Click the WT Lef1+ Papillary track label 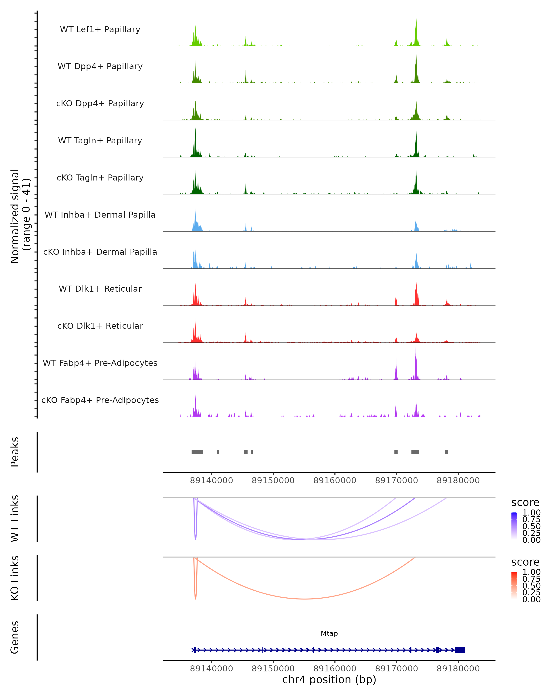[100, 29]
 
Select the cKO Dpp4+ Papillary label [100, 104]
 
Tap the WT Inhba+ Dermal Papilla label [100, 215]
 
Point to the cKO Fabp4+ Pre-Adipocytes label [100, 400]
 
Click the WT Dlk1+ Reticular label [100, 289]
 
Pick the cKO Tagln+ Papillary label [100, 178]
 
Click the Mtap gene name [329, 633]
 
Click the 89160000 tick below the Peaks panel [335, 480]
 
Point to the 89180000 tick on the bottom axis [458, 669]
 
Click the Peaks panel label [15, 452]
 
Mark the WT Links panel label [15, 519]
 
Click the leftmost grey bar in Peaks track [197, 452]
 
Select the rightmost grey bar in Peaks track [447, 452]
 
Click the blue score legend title [525, 503]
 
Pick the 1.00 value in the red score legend [531, 572]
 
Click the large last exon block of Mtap [460, 650]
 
